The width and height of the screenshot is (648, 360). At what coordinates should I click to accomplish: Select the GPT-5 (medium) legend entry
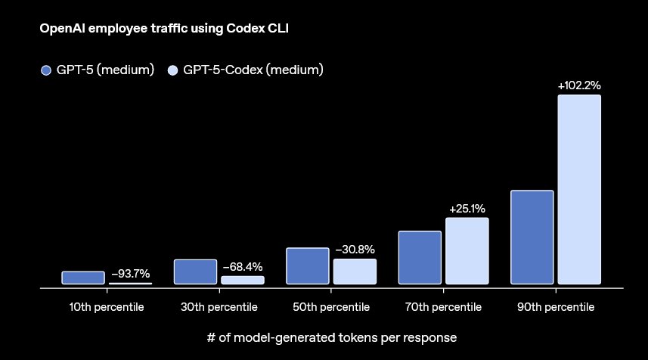pyautogui.click(x=98, y=70)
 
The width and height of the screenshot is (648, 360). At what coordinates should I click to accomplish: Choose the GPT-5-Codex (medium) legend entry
pyautogui.click(x=245, y=70)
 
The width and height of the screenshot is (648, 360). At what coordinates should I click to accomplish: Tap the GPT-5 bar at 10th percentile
pyautogui.click(x=83, y=278)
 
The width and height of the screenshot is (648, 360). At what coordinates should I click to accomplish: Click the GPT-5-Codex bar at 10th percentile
pyautogui.click(x=130, y=284)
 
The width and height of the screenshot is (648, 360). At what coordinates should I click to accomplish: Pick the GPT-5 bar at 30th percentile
pyautogui.click(x=195, y=272)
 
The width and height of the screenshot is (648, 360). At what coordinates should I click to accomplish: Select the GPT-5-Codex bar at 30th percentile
pyautogui.click(x=243, y=280)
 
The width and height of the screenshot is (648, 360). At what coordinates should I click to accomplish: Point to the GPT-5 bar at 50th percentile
pyautogui.click(x=308, y=266)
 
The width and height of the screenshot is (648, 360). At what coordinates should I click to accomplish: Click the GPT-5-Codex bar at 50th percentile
pyautogui.click(x=355, y=272)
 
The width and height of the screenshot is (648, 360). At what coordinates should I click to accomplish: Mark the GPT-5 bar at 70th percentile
pyautogui.click(x=420, y=258)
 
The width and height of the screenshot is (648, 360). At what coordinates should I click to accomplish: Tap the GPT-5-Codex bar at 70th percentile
pyautogui.click(x=467, y=251)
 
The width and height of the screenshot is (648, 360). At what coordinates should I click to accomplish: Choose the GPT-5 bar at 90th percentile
pyautogui.click(x=532, y=237)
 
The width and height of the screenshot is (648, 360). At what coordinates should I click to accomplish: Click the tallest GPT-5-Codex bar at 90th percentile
pyautogui.click(x=579, y=190)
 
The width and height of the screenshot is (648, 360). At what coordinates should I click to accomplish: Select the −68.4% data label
pyautogui.click(x=243, y=267)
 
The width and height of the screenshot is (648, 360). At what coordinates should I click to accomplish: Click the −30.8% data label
pyautogui.click(x=355, y=250)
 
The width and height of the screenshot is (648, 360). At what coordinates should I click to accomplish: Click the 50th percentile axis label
pyautogui.click(x=331, y=308)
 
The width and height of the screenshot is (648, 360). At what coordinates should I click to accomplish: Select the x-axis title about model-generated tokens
pyautogui.click(x=332, y=337)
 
